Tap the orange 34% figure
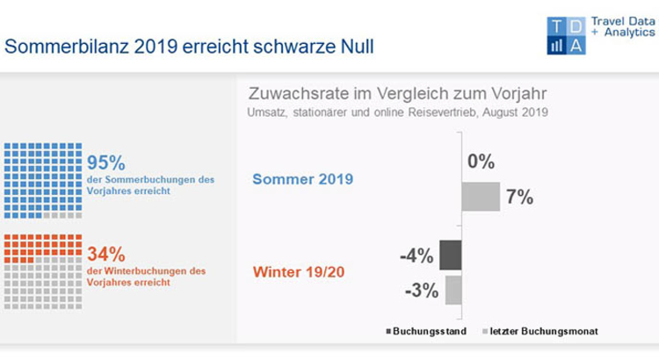pyautogui.click(x=106, y=254)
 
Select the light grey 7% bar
pyautogui.click(x=481, y=198)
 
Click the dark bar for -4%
pyautogui.click(x=450, y=256)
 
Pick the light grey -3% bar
pyautogui.click(x=453, y=290)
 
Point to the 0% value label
pyautogui.click(x=482, y=162)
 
